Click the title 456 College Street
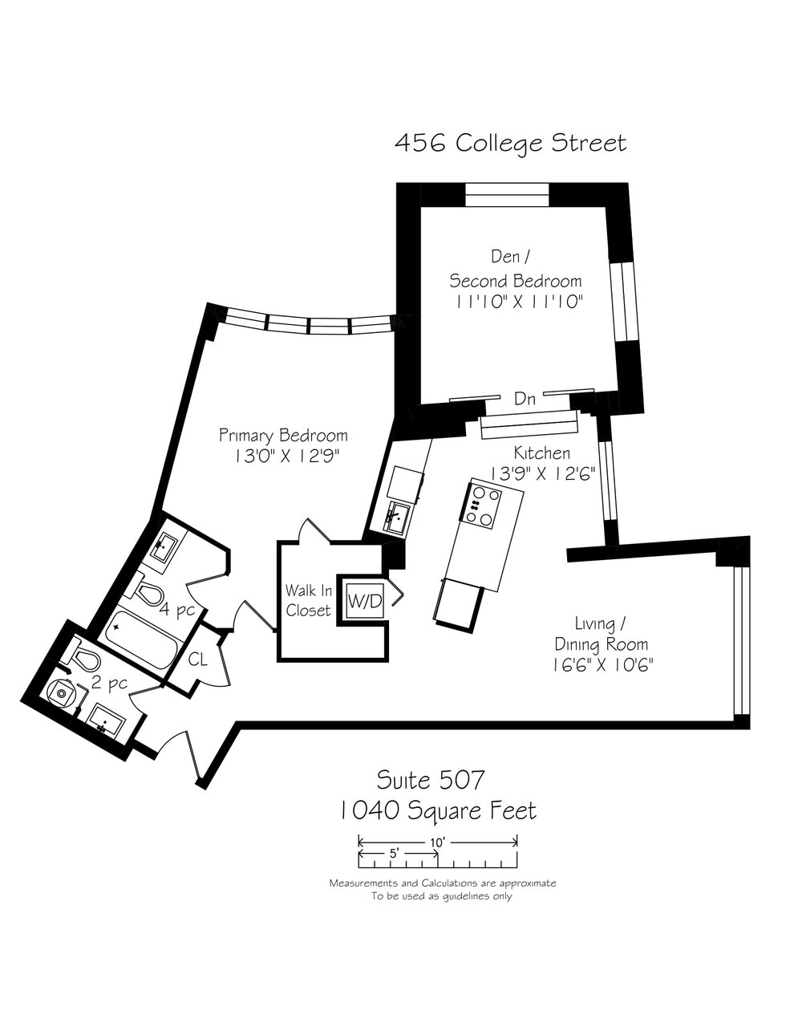point(510,143)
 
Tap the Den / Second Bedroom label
point(515,269)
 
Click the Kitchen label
point(541,454)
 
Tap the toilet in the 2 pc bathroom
point(85,660)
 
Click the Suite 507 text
point(431,778)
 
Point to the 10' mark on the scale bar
point(437,842)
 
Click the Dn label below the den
point(525,399)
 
